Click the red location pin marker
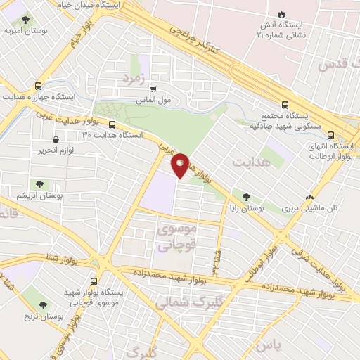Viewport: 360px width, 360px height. coord(181,164)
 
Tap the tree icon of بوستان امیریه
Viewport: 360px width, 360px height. coord(25,20)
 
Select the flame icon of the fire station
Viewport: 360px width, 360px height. coord(282,14)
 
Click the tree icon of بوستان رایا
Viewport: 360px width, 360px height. coord(245,198)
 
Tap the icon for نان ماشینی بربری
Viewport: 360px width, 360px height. coord(309,198)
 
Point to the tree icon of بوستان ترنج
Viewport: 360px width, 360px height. coord(44,305)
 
